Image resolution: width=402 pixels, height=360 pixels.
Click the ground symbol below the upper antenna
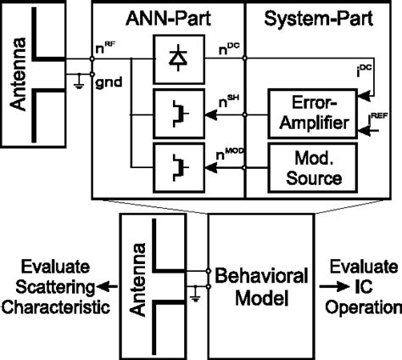pos(77,82)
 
